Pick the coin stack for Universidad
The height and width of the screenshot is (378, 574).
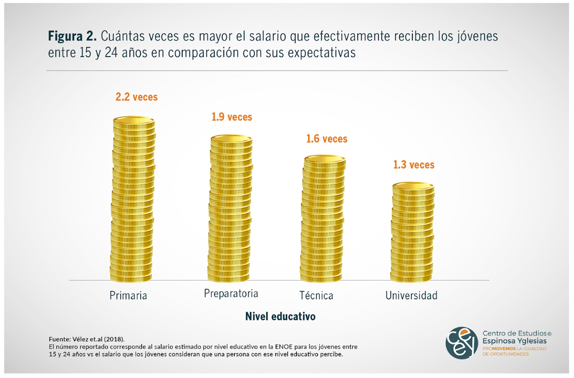click(413, 233)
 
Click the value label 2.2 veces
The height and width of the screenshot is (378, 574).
click(137, 97)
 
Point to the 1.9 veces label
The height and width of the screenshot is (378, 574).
click(232, 117)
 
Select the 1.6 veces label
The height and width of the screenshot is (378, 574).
click(326, 139)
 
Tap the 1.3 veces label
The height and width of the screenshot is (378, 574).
click(414, 165)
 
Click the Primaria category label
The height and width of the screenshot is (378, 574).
click(128, 296)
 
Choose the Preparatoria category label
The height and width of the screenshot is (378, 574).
click(231, 294)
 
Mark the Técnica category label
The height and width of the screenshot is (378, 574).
click(316, 296)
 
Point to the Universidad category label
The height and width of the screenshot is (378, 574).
click(411, 296)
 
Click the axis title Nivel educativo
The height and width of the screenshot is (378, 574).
click(280, 317)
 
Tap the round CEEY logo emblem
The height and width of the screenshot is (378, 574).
click(462, 343)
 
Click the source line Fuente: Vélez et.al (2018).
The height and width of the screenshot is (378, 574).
click(90, 339)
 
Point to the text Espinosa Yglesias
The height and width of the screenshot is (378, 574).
click(514, 341)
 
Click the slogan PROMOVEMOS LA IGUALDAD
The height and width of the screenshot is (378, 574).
click(514, 349)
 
